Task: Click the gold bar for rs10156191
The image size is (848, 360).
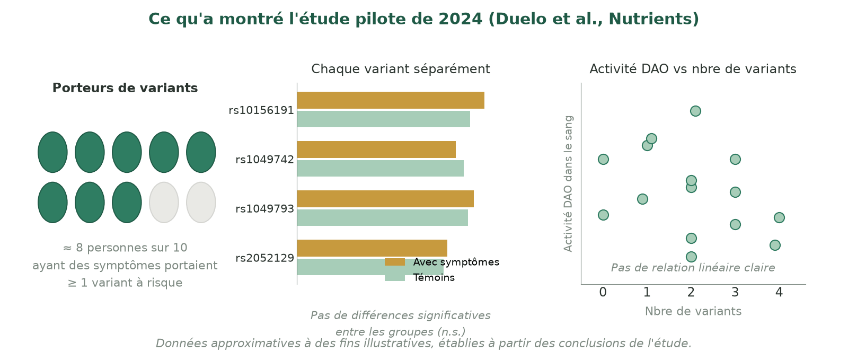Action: point(391,100)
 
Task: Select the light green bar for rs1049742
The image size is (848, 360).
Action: point(381,168)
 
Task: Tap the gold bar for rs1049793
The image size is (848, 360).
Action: point(385,199)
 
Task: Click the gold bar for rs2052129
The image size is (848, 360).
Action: point(372,248)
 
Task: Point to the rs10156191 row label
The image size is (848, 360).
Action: point(261,110)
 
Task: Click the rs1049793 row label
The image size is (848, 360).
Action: point(264,208)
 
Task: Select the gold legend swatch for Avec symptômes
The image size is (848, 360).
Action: point(395,262)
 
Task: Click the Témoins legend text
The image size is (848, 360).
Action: point(434,277)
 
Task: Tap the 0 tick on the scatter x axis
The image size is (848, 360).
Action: point(603,292)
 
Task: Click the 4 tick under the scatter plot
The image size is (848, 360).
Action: point(779,292)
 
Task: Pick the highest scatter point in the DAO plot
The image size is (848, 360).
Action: point(695,111)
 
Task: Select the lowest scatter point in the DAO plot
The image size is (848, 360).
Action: point(691,257)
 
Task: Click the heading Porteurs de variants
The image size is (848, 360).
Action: point(125,88)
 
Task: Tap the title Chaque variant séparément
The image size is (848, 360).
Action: point(401,69)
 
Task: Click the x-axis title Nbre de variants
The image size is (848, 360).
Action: point(693,311)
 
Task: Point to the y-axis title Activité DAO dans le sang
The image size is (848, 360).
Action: point(568,183)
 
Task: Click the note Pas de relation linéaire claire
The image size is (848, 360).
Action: point(693,268)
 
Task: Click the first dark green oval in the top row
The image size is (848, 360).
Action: point(52,152)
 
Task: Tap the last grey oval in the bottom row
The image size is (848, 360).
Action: point(201,203)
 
